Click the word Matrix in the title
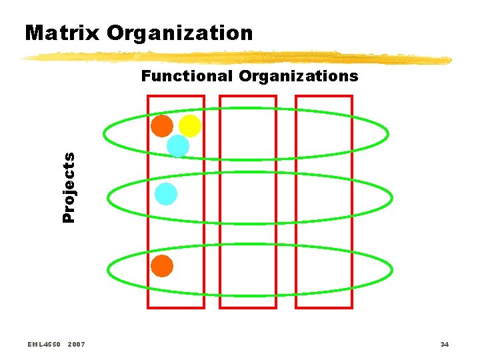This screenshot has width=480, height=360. point(57,33)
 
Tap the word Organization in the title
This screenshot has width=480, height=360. point(179,33)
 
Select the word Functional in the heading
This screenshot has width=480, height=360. point(187,76)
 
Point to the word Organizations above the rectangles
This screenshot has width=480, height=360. point(298,76)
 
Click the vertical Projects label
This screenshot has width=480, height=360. point(69,187)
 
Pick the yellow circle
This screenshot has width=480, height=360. point(190,125)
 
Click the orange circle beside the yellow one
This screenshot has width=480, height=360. point(161,125)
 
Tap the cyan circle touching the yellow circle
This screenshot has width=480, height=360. point(177,145)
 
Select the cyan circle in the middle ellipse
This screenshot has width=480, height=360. point(165,194)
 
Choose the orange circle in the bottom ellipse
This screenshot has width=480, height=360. point(161,266)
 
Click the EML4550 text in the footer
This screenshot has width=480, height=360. point(45,344)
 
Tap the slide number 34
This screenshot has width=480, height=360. point(444,344)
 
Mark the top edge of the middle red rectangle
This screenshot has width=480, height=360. point(248,96)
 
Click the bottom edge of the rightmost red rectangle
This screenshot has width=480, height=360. point(324,307)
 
